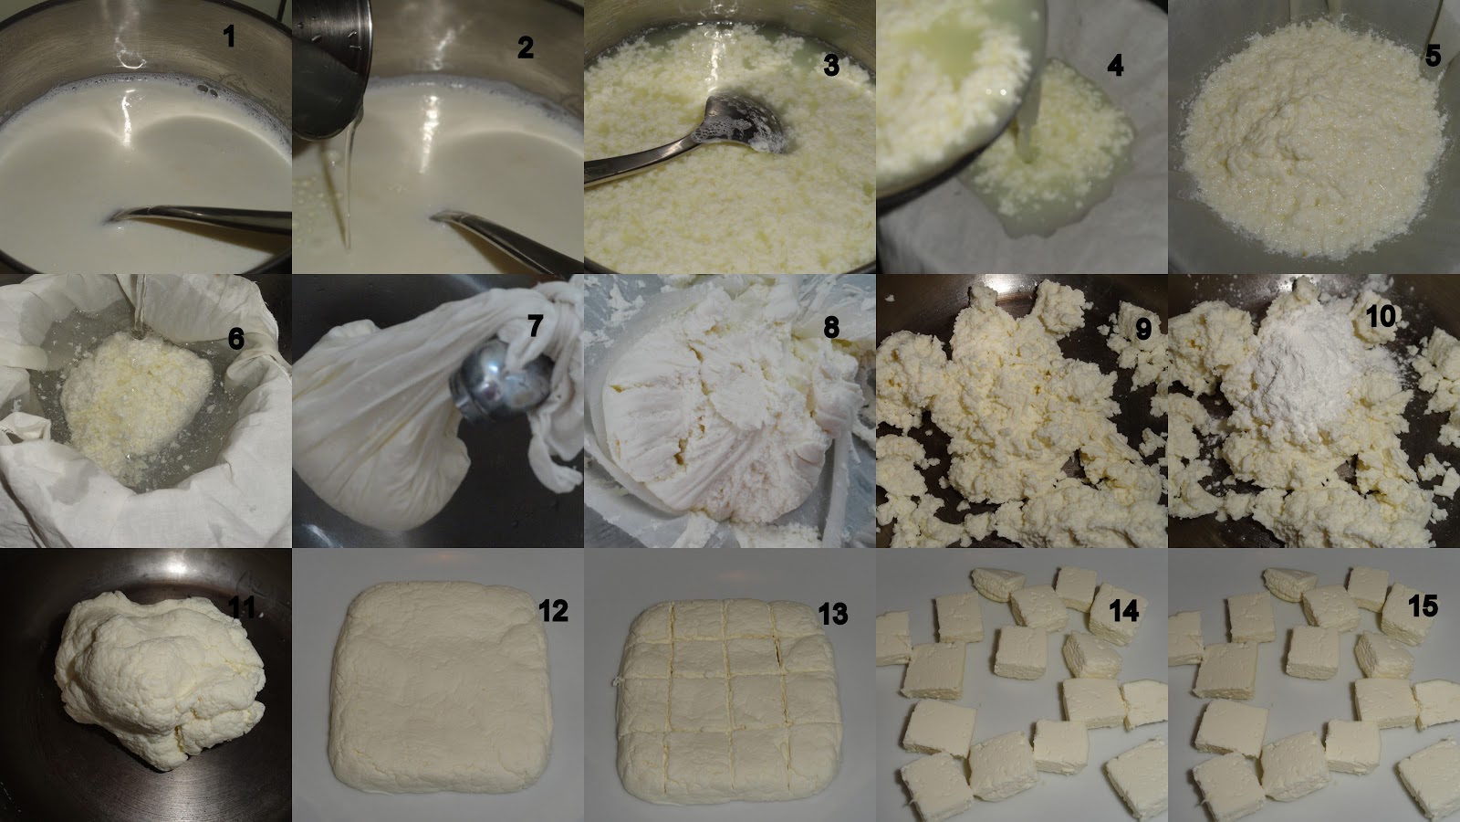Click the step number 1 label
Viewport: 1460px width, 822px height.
point(229,37)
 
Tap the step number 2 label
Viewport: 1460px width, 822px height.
point(526,47)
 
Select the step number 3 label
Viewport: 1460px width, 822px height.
point(831,65)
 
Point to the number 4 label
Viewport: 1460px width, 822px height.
point(1115,66)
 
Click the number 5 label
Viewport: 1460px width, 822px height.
point(1433,56)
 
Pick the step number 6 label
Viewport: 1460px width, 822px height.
point(236,339)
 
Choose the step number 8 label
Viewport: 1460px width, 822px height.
point(831,328)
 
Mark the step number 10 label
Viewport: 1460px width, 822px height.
point(1382,316)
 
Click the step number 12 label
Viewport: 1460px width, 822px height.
point(553,611)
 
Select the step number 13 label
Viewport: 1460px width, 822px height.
point(833,613)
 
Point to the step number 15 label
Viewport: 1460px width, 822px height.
point(1423,606)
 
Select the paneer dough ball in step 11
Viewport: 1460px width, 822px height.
point(160,679)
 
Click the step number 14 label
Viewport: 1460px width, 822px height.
point(1123,611)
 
